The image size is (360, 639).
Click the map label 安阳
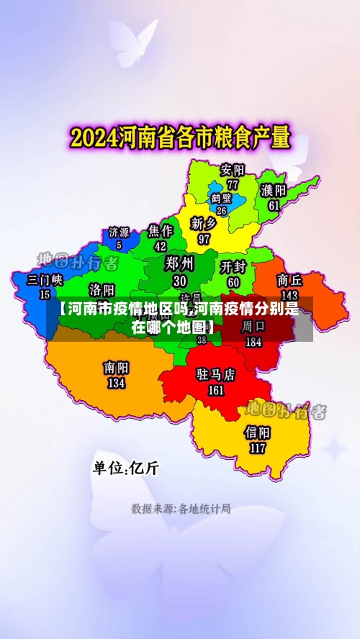(x=233, y=171)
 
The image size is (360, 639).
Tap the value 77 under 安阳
(x=233, y=184)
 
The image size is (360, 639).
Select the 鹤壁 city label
(x=222, y=198)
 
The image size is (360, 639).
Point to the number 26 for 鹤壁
(x=222, y=211)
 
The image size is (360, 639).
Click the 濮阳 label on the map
(x=274, y=191)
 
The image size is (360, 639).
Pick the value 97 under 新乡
(x=204, y=238)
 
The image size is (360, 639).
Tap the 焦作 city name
(x=161, y=231)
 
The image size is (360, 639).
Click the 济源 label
(x=119, y=232)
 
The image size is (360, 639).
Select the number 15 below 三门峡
(x=45, y=294)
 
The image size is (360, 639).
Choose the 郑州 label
(x=179, y=262)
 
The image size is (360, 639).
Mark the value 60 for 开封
(x=233, y=282)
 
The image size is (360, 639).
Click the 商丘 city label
(x=289, y=280)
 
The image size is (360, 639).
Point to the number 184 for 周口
(x=253, y=343)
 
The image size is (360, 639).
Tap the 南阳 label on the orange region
(x=116, y=368)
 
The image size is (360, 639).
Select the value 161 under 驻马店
(x=216, y=391)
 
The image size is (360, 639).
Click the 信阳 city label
(x=258, y=432)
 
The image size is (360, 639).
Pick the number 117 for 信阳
(x=258, y=448)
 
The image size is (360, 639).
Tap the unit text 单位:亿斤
(x=125, y=468)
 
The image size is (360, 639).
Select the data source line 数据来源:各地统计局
(x=181, y=509)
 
